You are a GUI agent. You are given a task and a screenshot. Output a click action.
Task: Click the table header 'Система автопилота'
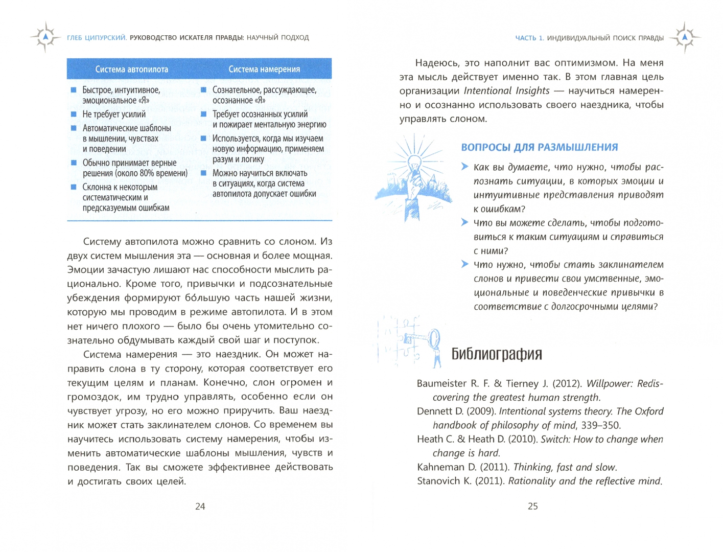(131, 69)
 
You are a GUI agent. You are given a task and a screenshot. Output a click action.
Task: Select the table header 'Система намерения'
(264, 69)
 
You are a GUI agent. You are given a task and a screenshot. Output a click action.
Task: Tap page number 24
(200, 507)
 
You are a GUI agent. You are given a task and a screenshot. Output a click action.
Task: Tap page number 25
(533, 507)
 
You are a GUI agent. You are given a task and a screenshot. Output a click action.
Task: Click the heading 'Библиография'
(497, 354)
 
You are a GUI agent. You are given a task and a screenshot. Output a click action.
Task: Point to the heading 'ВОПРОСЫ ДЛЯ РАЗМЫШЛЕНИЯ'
(540, 147)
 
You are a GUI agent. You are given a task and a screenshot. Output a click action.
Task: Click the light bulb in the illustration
(415, 164)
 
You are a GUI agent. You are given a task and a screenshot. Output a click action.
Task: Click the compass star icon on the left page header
(45, 37)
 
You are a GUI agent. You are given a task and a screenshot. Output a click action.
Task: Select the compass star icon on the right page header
(685, 37)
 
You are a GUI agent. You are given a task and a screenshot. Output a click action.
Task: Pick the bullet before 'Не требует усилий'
(74, 114)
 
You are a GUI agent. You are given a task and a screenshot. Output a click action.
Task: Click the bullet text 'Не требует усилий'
(114, 114)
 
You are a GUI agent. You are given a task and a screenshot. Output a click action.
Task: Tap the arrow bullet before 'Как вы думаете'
(464, 167)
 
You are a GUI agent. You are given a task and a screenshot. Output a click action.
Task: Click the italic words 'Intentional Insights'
(506, 91)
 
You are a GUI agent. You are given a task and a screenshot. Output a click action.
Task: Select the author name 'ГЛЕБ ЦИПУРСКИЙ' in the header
(97, 37)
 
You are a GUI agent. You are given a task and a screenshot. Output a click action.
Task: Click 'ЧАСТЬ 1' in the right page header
(529, 38)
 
